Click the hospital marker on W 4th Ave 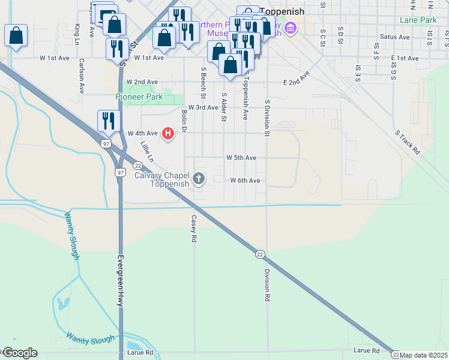pyautogui.click(x=168, y=133)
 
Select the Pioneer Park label pyautogui.click(x=139, y=97)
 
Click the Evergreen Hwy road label pyautogui.click(x=120, y=280)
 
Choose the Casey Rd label pyautogui.click(x=194, y=229)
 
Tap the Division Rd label pyautogui.click(x=266, y=284)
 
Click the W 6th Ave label pyautogui.click(x=245, y=181)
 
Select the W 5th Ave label pyautogui.click(x=241, y=158)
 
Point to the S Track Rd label pyautogui.click(x=407, y=142)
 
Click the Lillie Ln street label pyautogui.click(x=146, y=152)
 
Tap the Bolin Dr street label pyautogui.click(x=184, y=121)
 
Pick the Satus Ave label pyautogui.click(x=395, y=37)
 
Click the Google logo pyautogui.click(x=19, y=353)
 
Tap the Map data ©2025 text pyautogui.click(x=424, y=355)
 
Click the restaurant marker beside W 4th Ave pyautogui.click(x=109, y=121)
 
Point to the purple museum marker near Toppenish pyautogui.click(x=291, y=28)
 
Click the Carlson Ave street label pyautogui.click(x=81, y=76)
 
